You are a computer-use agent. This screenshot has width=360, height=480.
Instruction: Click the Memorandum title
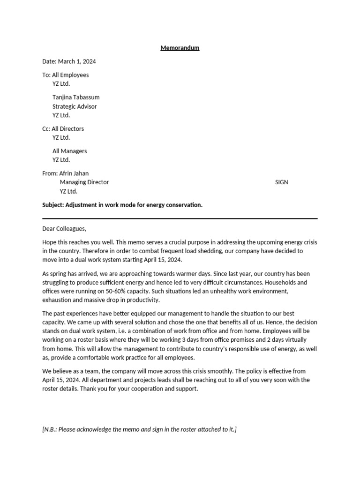(x=180, y=48)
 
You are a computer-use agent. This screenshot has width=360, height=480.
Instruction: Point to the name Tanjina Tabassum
(x=75, y=97)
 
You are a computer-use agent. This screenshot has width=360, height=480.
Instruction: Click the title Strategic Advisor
(x=75, y=106)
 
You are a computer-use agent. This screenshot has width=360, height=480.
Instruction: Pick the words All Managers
(x=69, y=151)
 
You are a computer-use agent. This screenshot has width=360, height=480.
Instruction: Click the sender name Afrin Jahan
(x=74, y=173)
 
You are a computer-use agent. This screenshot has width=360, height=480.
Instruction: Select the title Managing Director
(x=84, y=182)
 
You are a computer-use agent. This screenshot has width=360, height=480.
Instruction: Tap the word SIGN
(x=281, y=182)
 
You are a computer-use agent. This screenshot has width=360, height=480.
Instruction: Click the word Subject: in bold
(x=53, y=205)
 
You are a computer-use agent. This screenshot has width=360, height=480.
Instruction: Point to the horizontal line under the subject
(x=180, y=218)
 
